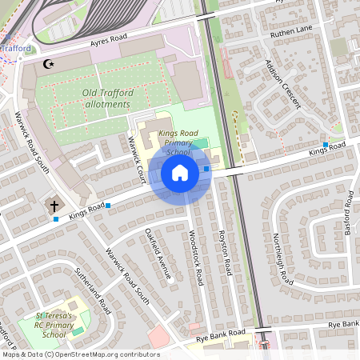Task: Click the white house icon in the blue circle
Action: point(180,173)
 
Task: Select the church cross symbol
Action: point(55,206)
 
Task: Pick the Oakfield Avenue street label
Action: point(158,254)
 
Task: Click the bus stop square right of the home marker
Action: point(206,169)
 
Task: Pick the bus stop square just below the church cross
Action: point(56,219)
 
